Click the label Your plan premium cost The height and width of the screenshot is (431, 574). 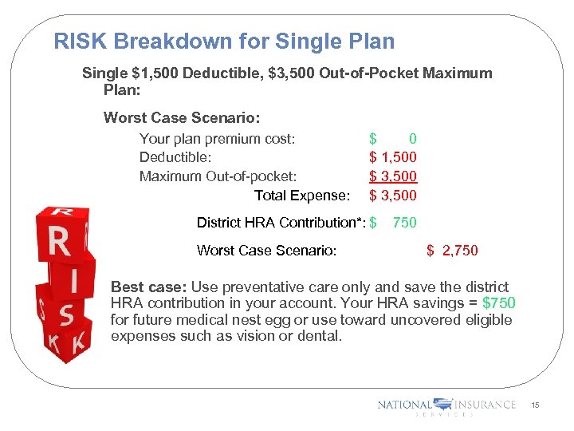217,139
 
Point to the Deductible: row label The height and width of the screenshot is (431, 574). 175,158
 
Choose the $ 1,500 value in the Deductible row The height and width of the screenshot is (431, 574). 393,158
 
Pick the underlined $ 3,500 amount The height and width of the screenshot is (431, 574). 393,176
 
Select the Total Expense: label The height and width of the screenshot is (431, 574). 301,196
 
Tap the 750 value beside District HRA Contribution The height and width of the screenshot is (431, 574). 404,223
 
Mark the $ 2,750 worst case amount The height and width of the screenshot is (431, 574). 452,251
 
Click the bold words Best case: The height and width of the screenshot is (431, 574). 143,287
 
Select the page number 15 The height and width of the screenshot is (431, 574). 535,406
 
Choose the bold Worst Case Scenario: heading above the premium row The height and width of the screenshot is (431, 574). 182,118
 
